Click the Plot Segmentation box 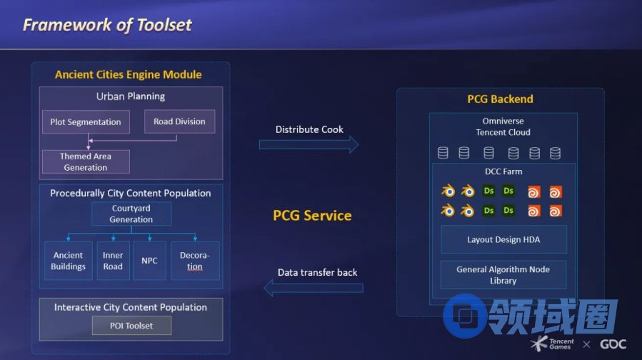[x=86, y=122]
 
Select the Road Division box [x=179, y=121]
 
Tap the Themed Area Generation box [x=86, y=162]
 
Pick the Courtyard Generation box [x=131, y=214]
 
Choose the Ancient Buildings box [x=68, y=261]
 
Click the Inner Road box [x=113, y=261]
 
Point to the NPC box [x=149, y=261]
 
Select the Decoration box [x=195, y=261]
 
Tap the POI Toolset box [x=131, y=326]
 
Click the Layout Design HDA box [x=503, y=240]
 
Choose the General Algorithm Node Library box [x=503, y=275]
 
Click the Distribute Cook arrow [x=309, y=145]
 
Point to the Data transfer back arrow [x=314, y=288]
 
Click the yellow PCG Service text [x=312, y=215]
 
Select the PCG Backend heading [x=500, y=99]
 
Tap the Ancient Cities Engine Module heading [x=129, y=74]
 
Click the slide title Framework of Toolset [x=107, y=25]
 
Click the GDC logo [x=613, y=344]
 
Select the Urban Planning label [x=131, y=96]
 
